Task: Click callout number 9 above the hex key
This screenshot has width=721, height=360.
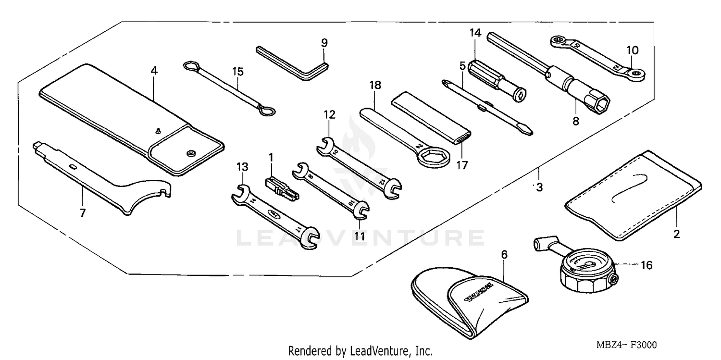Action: [x=324, y=42]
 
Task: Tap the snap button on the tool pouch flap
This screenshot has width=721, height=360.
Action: [x=190, y=153]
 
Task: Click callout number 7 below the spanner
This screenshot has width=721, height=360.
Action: [x=83, y=212]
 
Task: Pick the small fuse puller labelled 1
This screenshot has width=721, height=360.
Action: [x=282, y=190]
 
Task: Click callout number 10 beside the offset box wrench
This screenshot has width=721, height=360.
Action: [x=632, y=50]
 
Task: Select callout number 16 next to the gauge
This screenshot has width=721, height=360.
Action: [x=646, y=265]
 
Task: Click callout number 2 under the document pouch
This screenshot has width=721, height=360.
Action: [x=676, y=235]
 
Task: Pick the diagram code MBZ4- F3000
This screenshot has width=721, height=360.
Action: [x=627, y=345]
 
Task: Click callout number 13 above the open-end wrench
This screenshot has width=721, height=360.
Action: [x=242, y=167]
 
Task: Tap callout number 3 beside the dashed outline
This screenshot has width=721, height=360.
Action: [x=539, y=188]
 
